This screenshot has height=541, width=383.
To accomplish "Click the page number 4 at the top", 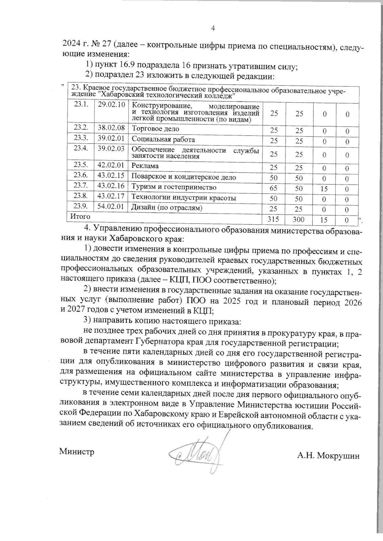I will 213,28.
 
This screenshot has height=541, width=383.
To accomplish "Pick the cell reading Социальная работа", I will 163,139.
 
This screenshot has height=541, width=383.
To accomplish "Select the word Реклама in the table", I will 145,166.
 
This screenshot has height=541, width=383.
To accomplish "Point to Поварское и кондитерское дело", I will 184,177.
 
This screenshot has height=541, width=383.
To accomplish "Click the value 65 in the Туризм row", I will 274,188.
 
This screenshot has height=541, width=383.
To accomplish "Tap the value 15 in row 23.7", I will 324,189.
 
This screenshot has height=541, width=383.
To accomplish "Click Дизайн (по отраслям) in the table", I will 167,208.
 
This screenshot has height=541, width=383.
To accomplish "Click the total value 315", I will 274,219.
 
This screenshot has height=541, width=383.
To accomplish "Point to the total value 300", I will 299,219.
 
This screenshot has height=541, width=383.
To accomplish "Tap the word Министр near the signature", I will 77,452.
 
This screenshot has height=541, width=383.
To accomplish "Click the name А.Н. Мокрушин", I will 328,456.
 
